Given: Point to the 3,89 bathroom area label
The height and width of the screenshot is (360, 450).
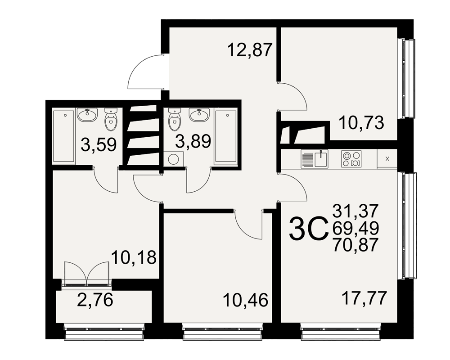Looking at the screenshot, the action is pyautogui.click(x=193, y=141).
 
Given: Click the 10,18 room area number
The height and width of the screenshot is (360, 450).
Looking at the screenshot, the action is pyautogui.click(x=134, y=257).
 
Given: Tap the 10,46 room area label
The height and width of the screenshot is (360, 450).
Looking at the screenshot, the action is pyautogui.click(x=246, y=300).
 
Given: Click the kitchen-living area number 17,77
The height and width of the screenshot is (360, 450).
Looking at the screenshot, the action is pyautogui.click(x=364, y=298).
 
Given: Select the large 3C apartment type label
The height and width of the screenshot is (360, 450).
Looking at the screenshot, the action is pyautogui.click(x=309, y=228).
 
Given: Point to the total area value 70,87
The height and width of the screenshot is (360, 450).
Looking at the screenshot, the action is pyautogui.click(x=355, y=245).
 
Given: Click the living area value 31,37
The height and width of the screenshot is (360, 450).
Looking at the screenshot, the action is pyautogui.click(x=355, y=211).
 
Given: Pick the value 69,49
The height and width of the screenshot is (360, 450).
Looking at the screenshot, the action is pyautogui.click(x=355, y=228).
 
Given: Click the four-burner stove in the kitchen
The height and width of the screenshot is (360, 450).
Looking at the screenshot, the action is pyautogui.click(x=351, y=159).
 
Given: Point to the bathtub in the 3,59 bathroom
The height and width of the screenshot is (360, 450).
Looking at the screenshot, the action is pyautogui.click(x=64, y=136).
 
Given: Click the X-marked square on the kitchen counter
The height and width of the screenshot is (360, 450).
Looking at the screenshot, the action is pyautogui.click(x=387, y=159).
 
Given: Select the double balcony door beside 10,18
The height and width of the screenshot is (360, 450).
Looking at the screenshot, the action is pyautogui.click(x=87, y=274).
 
